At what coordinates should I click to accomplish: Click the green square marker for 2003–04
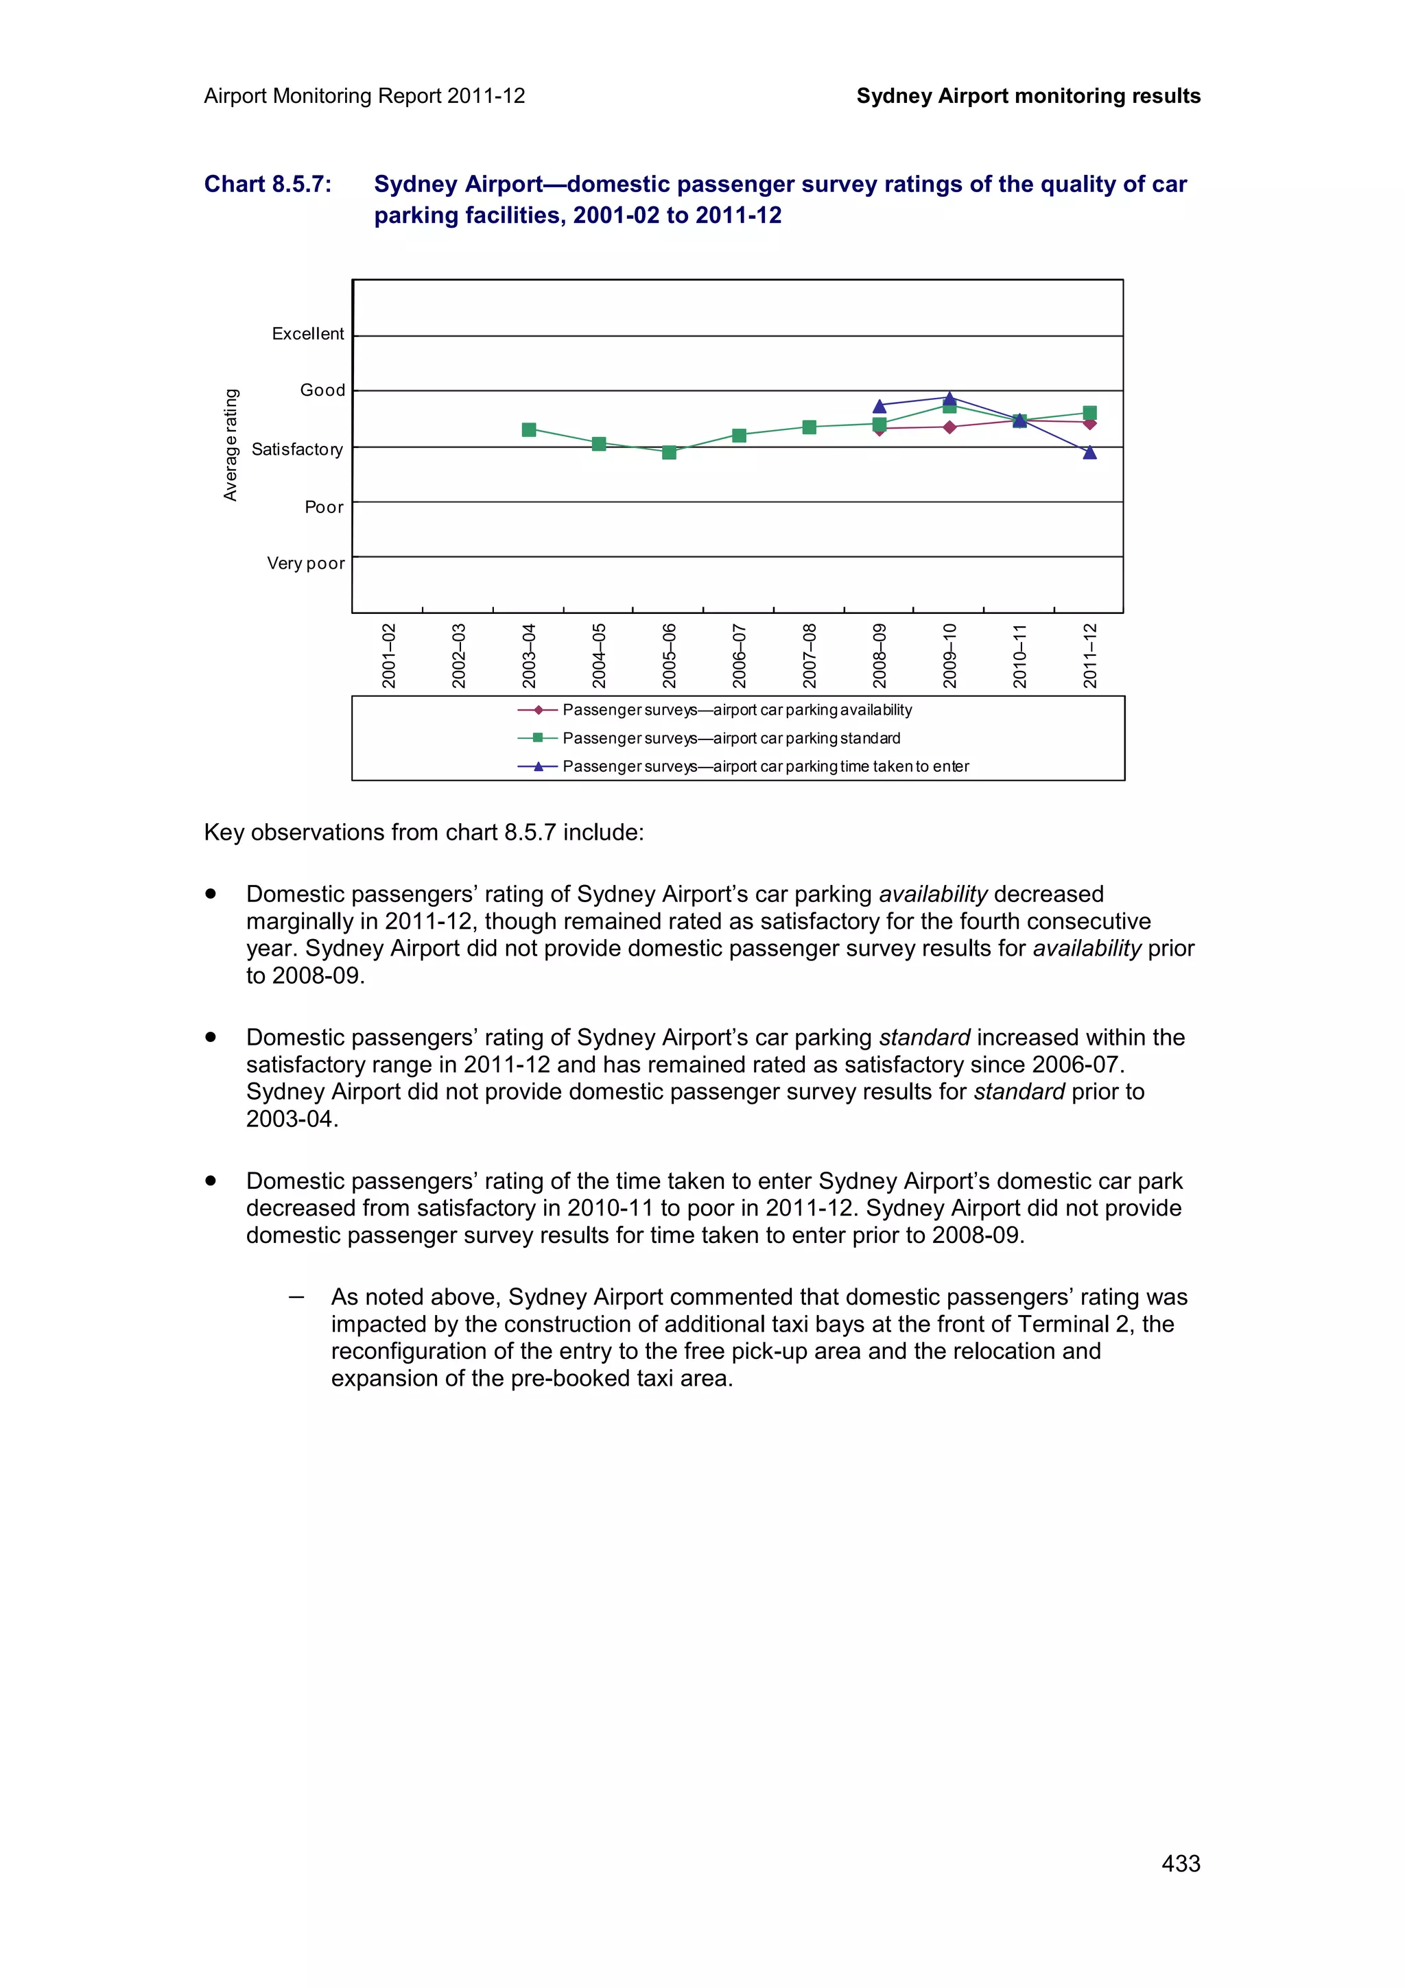click(x=529, y=429)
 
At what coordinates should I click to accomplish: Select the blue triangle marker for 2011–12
click(x=1089, y=452)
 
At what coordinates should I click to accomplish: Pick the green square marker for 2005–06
click(x=668, y=452)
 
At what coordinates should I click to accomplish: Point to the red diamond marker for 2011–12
click(x=1089, y=423)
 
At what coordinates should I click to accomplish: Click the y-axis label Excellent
click(x=307, y=333)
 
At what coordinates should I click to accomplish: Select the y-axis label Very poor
click(x=305, y=563)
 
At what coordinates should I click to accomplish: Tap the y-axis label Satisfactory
click(x=297, y=449)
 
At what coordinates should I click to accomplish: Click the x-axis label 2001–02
click(x=389, y=655)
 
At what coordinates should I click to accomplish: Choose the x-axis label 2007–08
click(x=810, y=655)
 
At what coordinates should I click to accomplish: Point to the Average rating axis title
click(x=231, y=445)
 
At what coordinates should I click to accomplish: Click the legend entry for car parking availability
click(x=736, y=710)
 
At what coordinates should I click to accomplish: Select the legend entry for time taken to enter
click(x=764, y=766)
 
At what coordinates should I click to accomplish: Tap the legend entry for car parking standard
click(x=731, y=737)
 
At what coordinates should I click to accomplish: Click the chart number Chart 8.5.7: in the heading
click(x=268, y=185)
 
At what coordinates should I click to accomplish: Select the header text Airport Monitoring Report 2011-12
click(x=364, y=96)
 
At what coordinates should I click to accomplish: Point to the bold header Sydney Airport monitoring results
click(x=1028, y=96)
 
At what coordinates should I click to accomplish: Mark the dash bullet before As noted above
click(x=296, y=1297)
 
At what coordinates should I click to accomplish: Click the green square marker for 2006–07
click(x=738, y=436)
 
